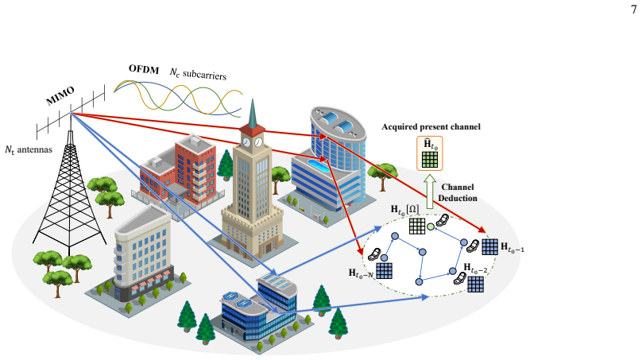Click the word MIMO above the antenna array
coord(60,96)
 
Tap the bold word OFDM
coord(144,69)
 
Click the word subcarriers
coord(204,75)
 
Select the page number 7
coord(634,9)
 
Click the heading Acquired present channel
coord(431,126)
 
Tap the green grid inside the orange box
coord(430,160)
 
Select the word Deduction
coord(458,198)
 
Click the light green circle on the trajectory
coord(431,226)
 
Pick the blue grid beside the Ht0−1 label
coord(489,247)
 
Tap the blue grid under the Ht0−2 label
coord(475,285)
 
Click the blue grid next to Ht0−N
coord(384,270)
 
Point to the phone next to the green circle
coord(443,220)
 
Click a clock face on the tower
coord(246,142)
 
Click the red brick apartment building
coord(178,170)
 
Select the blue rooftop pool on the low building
coord(318,165)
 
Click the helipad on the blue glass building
coord(231,296)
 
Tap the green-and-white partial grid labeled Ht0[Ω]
coord(417,226)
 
